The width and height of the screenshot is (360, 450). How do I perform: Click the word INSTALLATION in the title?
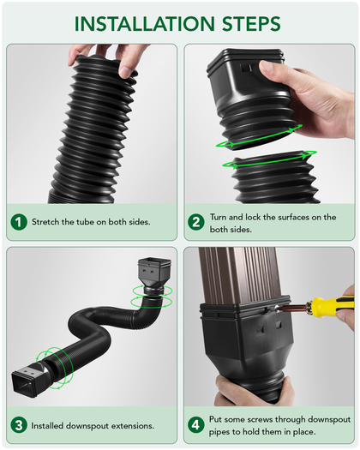[x=144, y=23]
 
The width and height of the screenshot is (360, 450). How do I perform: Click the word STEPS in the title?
[x=251, y=23]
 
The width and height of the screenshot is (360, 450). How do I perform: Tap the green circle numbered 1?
[x=19, y=222]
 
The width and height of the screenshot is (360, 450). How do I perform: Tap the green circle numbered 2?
[x=196, y=222]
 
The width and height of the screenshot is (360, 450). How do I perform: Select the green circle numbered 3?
[x=19, y=425]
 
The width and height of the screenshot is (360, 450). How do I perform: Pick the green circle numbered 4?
[x=196, y=425]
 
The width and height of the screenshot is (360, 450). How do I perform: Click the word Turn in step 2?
[x=218, y=217]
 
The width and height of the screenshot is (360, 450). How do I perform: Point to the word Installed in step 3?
[x=47, y=426]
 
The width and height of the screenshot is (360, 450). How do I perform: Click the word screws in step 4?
[x=260, y=420]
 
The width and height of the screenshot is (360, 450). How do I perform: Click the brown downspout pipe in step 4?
[x=241, y=275]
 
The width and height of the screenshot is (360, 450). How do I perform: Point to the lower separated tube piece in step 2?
[x=275, y=178]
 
